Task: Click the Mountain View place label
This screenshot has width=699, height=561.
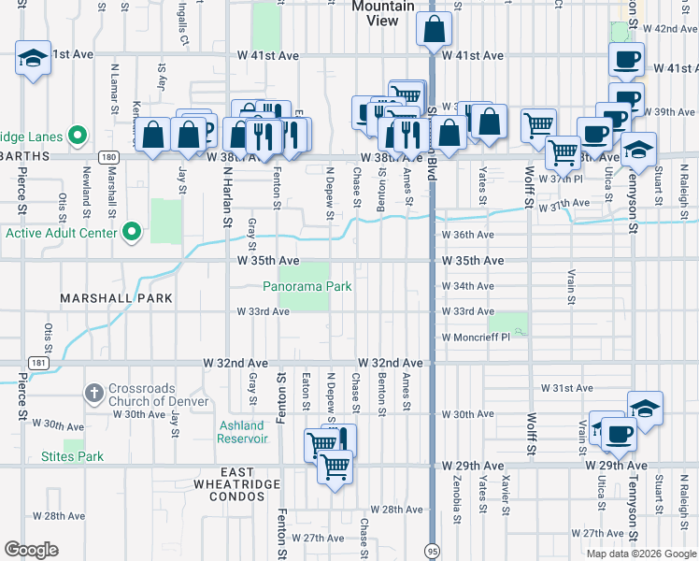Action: pos(382,13)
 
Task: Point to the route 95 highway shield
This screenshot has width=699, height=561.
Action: pos(432,549)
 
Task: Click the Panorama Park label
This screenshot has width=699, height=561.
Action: pos(307,286)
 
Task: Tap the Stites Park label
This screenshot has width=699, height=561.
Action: pos(73,456)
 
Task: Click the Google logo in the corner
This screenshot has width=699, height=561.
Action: pos(32,549)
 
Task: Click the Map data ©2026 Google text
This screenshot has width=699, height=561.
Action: pos(640,554)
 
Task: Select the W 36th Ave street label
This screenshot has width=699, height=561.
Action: pos(467,235)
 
